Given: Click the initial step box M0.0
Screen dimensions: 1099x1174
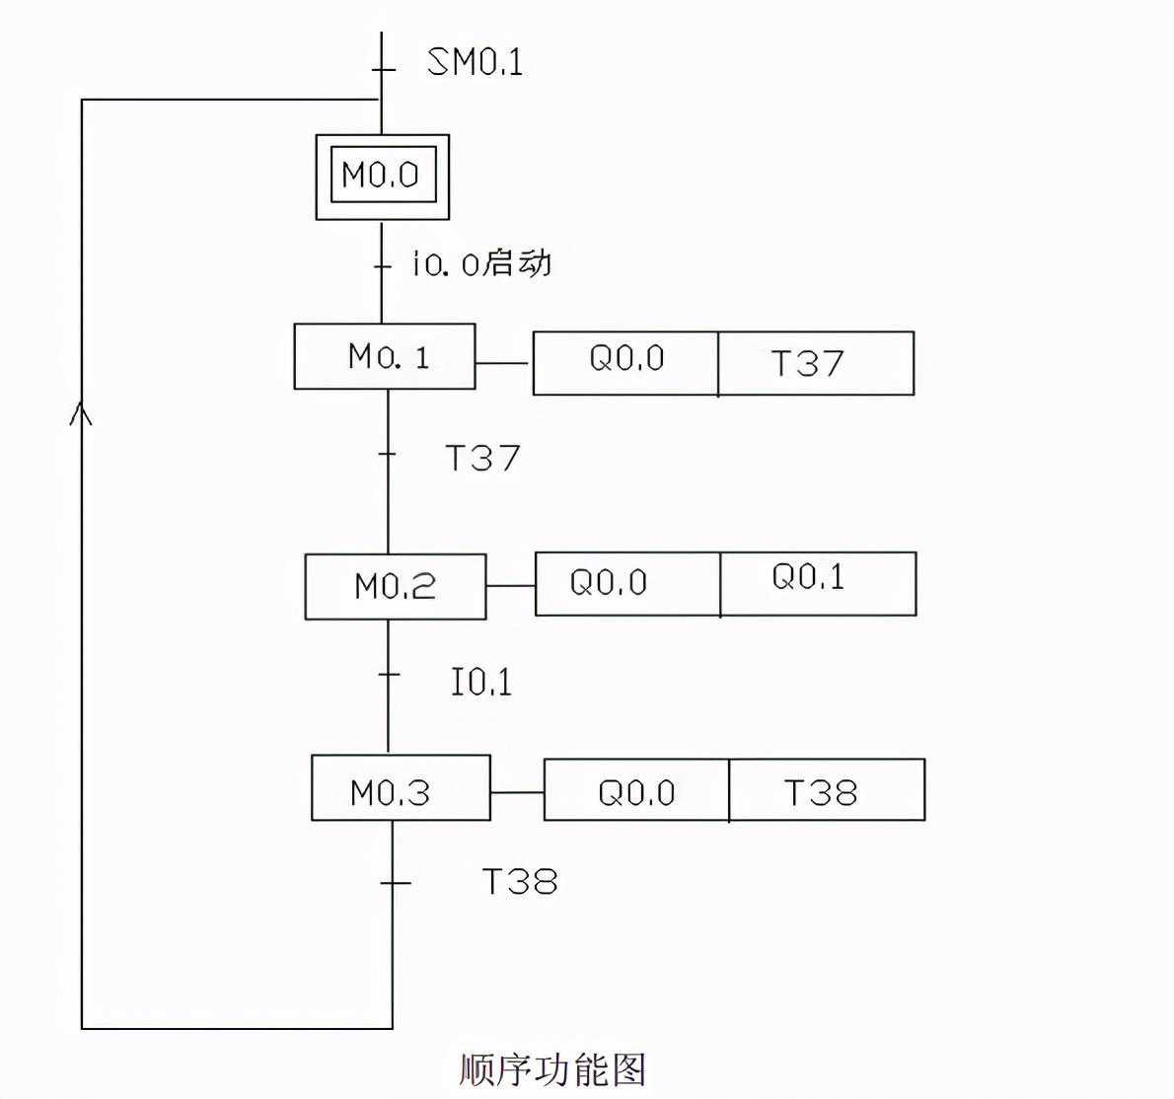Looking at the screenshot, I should tap(382, 176).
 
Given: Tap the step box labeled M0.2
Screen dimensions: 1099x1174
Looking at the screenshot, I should tap(395, 587).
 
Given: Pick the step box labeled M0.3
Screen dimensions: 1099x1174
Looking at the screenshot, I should tap(401, 787).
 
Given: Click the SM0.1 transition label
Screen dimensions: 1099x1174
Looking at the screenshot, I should tap(475, 62).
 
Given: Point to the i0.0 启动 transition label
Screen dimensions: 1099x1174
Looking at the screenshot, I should tap(481, 263).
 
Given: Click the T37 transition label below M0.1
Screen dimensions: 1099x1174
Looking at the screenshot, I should tap(482, 458).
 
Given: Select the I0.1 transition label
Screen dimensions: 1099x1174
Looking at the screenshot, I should tap(481, 682).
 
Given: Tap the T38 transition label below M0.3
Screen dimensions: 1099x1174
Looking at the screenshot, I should tap(520, 881).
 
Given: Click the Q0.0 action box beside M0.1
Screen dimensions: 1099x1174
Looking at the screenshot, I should tap(625, 363).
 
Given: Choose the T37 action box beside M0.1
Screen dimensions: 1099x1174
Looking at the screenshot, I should tap(816, 363).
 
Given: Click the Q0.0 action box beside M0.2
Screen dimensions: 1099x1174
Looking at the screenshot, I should tap(627, 584).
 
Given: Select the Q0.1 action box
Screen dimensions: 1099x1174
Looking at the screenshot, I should tap(818, 584).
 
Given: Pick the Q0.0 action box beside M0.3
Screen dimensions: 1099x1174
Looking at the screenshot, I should tap(636, 790).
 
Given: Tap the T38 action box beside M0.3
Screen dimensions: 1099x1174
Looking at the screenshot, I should tap(827, 790).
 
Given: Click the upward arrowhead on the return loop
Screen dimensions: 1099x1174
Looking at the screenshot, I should tap(82, 414).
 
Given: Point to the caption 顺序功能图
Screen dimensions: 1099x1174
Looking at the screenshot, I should tap(552, 1068).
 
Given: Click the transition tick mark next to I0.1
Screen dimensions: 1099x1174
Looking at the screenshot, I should tap(389, 675).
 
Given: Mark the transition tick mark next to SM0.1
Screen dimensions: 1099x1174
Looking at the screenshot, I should tap(382, 69).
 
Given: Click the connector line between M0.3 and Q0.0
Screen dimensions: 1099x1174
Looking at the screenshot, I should tap(517, 792).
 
